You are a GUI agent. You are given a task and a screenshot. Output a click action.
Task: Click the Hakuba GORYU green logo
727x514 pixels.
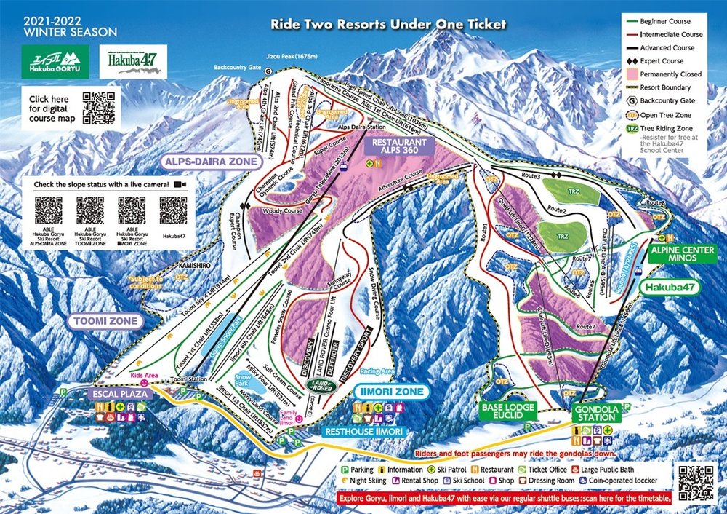tap(55, 62)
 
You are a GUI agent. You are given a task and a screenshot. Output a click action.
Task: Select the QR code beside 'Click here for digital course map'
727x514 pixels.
tap(98, 108)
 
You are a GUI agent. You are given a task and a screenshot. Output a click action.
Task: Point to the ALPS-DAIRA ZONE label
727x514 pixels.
tap(211, 162)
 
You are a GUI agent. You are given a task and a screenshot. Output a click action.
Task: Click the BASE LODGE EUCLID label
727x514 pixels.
tap(507, 411)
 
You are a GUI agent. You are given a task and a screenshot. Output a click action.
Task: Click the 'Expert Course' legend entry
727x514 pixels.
tap(663, 61)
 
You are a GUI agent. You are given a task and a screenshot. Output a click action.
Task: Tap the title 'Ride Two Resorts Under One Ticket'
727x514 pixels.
tap(388, 25)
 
